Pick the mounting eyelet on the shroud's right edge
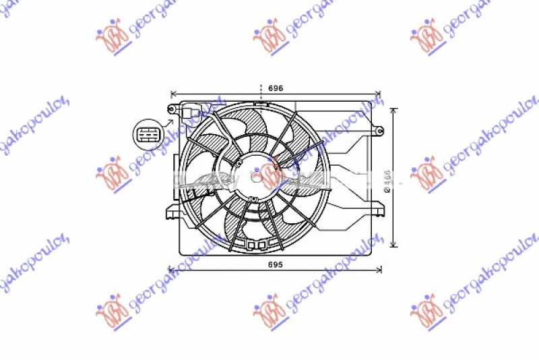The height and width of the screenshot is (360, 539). point(379,129)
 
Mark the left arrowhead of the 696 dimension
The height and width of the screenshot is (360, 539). point(174,94)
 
